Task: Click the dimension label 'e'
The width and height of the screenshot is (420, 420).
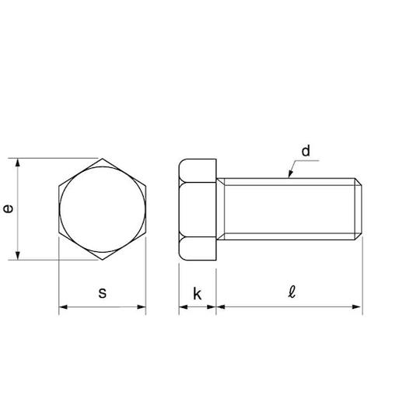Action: coord(9,209)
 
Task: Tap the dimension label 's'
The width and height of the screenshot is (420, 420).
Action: coord(103,293)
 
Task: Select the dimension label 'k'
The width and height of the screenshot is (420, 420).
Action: coord(197,294)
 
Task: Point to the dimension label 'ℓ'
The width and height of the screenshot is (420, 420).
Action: coord(292,292)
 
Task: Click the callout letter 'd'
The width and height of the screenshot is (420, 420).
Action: coord(306,151)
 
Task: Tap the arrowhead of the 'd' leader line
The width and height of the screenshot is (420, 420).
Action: coord(290,174)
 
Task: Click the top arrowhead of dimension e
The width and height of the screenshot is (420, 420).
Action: coord(18,163)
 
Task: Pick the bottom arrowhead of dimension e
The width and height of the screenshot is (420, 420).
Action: coord(18,256)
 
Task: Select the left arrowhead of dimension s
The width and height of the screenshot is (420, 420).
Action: coord(63,307)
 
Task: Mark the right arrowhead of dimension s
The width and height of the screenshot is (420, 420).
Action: coord(142,307)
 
